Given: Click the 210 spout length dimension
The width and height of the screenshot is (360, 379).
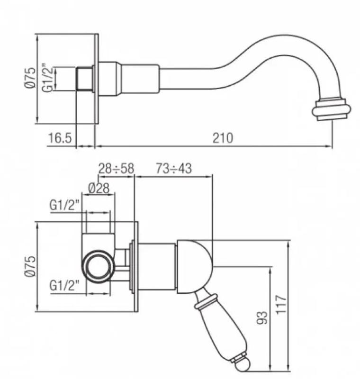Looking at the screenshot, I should coord(223,138).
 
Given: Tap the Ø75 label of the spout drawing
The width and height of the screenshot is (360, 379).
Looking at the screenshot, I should coord(30,78).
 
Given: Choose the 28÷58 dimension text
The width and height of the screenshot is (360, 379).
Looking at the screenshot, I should coord(116,168).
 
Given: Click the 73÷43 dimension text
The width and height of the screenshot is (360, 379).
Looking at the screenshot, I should coord(174,168).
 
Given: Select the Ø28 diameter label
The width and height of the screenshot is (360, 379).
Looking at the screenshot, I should coord(99,188).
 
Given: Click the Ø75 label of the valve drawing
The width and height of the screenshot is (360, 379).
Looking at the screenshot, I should coord(30,266).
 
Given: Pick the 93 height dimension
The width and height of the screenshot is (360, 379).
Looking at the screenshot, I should coord(264,317).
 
